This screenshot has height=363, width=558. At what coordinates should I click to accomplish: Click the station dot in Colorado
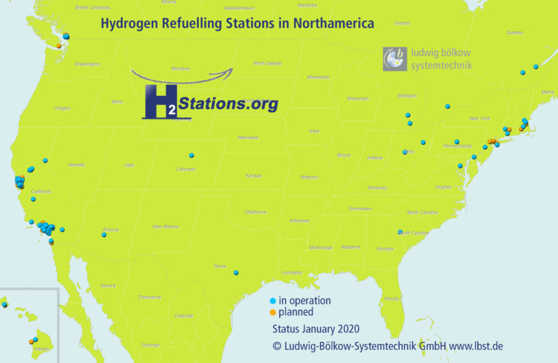coord(191,155)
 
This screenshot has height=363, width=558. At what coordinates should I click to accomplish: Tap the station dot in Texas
coord(236,273)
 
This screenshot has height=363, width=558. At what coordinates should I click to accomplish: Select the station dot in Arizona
coord(105,234)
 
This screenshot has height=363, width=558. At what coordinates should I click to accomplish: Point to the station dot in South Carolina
coord(400,232)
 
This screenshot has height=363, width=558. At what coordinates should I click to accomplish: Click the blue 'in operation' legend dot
coord(272,300)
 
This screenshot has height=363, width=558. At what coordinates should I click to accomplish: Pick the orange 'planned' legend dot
coord(272,312)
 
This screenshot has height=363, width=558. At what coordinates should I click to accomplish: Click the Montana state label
coord(180,68)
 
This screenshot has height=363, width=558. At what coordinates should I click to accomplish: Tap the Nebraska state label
coord(247,137)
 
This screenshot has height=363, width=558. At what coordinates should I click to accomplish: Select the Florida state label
coord(392,298)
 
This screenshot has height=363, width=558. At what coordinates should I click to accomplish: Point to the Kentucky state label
coord(377,188)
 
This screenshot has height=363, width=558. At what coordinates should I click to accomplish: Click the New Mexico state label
coord(165,226)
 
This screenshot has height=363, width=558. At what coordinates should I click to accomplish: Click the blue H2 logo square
coord(159,102)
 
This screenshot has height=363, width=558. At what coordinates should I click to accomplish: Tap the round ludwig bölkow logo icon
coord(395,59)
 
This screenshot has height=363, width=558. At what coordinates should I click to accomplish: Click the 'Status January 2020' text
coord(310,329)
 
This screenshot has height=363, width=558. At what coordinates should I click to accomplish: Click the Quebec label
coord(514,32)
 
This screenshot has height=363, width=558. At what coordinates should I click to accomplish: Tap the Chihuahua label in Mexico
coord(150,297)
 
